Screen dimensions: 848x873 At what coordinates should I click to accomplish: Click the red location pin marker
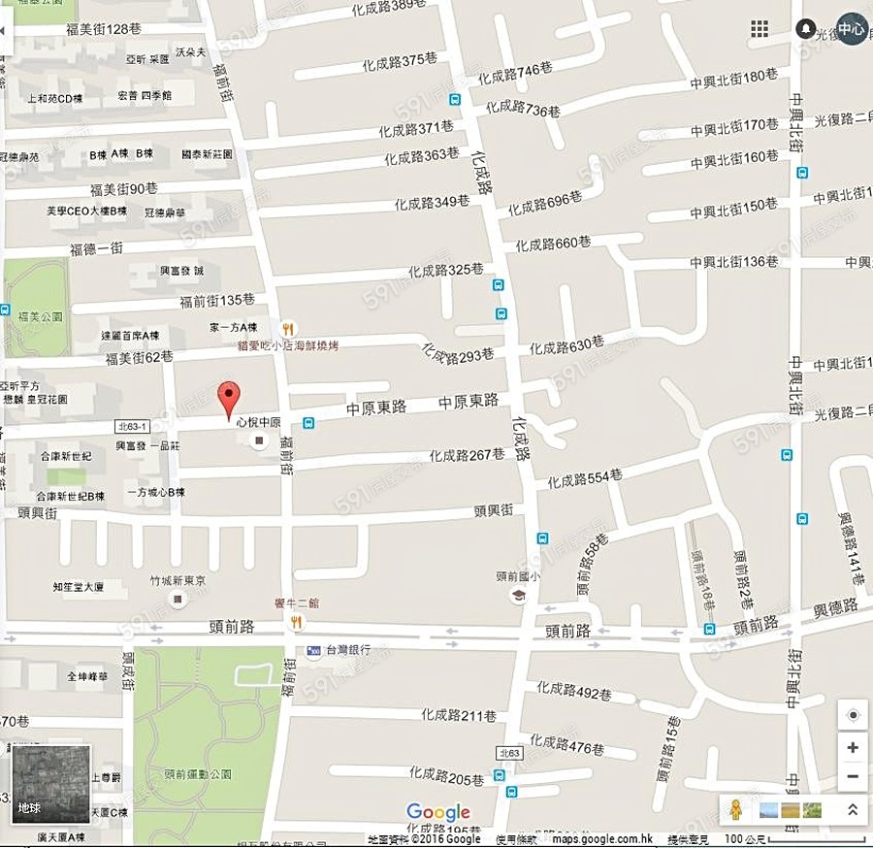click(x=228, y=398)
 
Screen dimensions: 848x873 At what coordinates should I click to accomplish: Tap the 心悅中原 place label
click(x=259, y=423)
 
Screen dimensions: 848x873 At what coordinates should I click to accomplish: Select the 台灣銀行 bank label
click(x=347, y=650)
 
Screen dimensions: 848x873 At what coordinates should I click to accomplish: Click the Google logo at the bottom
click(x=438, y=812)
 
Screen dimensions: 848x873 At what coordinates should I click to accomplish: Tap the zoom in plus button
click(x=852, y=747)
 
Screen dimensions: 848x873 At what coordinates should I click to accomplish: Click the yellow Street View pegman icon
click(x=736, y=809)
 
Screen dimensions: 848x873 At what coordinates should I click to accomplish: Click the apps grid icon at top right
click(x=760, y=29)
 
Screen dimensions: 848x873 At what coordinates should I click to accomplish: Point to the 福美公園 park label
click(x=40, y=315)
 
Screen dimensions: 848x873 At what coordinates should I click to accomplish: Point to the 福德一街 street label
click(x=96, y=249)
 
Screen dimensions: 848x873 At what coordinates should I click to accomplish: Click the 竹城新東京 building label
click(x=177, y=580)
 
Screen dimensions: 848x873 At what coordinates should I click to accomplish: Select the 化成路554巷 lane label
click(x=584, y=478)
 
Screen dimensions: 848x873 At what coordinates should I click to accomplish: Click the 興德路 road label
click(x=835, y=608)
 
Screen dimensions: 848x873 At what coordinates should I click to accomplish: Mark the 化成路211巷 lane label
click(x=459, y=716)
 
